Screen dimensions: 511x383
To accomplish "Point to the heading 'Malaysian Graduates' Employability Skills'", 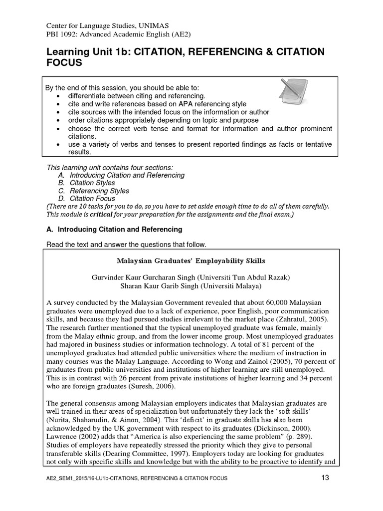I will point(191,261).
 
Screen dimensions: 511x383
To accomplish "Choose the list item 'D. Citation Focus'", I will point(85,199).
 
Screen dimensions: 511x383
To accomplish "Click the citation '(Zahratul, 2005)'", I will point(305,319).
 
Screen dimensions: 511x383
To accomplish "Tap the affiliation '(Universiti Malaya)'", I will point(230,285).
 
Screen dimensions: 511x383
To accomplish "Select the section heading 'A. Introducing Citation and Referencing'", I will point(114,230).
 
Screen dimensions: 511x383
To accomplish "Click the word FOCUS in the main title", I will point(64,63).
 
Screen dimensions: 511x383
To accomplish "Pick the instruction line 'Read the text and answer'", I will point(126,245).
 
